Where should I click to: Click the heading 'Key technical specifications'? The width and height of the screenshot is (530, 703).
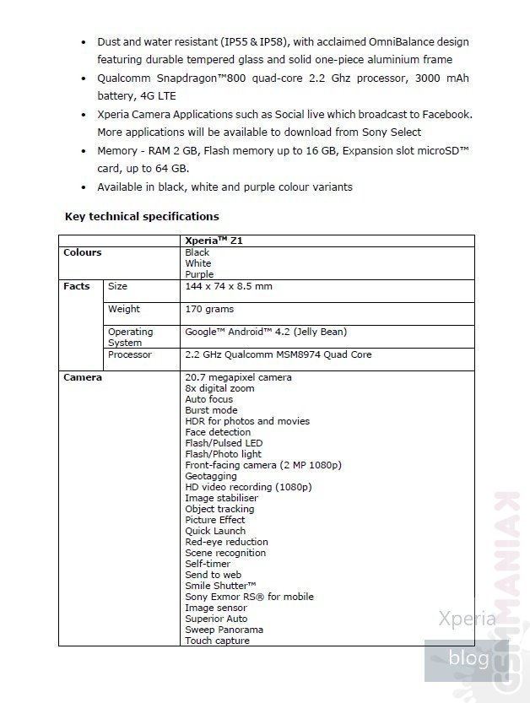[142, 217]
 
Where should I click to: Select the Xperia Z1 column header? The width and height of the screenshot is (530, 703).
[214, 241]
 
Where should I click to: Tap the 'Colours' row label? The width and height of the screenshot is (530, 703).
[82, 252]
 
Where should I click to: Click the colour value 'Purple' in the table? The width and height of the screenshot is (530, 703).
[199, 274]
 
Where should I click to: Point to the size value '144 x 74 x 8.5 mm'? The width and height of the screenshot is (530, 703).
[228, 287]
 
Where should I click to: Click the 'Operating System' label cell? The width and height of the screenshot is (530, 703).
[130, 338]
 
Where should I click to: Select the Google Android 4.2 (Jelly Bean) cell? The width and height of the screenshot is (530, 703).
[266, 333]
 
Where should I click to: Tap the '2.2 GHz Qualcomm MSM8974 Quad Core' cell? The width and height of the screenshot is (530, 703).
[278, 355]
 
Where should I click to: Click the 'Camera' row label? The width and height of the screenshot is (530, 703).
[83, 377]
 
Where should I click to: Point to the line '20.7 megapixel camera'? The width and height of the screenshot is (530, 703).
[238, 377]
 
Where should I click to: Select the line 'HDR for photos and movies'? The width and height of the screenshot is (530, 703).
[247, 421]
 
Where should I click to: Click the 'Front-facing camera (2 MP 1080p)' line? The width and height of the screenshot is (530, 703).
[262, 465]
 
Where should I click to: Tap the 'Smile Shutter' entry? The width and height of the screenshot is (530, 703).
[220, 586]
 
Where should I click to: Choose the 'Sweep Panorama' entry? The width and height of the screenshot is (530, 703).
[224, 630]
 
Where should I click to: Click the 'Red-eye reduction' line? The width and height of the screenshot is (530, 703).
[226, 542]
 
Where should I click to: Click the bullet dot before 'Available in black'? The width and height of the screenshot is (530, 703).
[83, 187]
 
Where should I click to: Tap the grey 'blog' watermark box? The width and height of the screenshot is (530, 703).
[468, 657]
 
